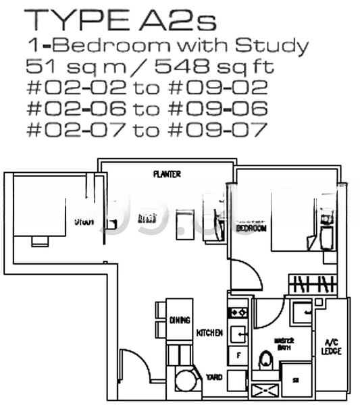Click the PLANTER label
coord(166,174)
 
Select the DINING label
coord(180,320)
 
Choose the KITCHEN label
coord(209,333)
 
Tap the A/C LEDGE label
coord(332,346)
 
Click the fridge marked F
coord(238,354)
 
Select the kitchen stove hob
coord(238,313)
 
